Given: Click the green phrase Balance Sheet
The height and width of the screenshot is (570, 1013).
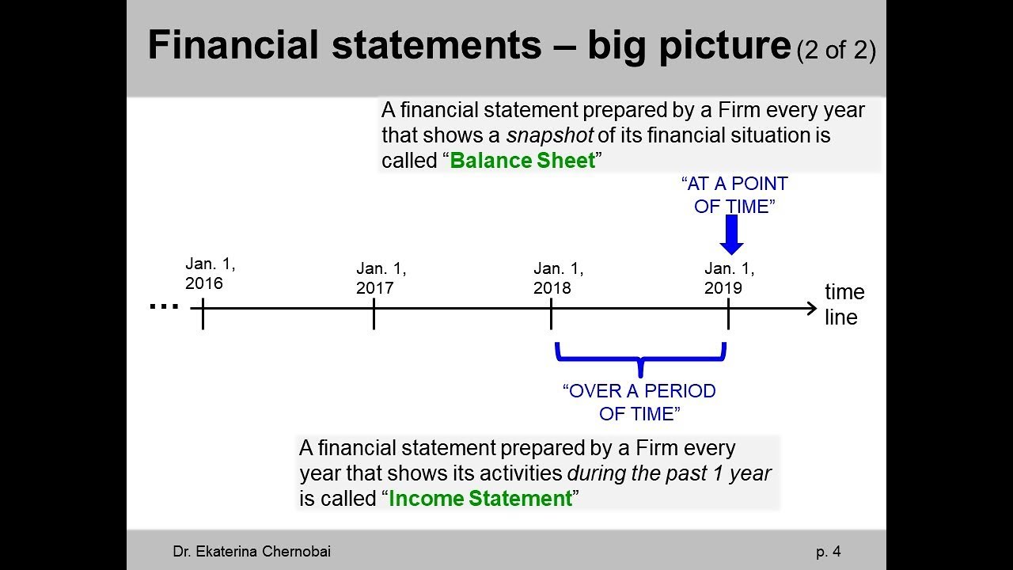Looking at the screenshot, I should click(522, 161).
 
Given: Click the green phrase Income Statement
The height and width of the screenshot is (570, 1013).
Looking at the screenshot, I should click(480, 499).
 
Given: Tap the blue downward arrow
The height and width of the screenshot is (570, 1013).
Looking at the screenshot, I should click(732, 235).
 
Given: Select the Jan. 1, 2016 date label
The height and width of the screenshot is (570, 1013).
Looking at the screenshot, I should click(210, 274).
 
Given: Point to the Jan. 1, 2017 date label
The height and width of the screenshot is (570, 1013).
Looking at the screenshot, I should click(381, 279).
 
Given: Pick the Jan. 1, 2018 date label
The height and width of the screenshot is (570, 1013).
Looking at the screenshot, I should click(558, 279).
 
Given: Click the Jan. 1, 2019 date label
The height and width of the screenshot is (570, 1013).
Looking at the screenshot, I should click(729, 279).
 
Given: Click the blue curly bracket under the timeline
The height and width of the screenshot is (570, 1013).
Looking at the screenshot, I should click(640, 358).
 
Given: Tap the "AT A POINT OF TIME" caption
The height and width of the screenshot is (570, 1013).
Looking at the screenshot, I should click(734, 195).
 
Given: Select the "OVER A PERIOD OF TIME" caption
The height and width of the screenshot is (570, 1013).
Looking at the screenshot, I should click(639, 402).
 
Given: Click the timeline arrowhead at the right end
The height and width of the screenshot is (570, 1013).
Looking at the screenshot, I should click(811, 309).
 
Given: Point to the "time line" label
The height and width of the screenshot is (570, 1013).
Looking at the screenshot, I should click(844, 305).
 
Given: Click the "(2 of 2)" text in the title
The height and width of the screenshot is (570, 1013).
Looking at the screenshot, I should click(836, 51).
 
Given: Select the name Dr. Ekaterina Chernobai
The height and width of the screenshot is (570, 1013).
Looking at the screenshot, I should click(252, 552).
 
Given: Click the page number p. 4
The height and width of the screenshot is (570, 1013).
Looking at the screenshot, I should click(829, 552).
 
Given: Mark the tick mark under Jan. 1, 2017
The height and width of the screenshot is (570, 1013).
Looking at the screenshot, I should click(374, 314).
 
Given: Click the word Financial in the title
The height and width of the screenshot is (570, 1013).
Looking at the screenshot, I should click(233, 46).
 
